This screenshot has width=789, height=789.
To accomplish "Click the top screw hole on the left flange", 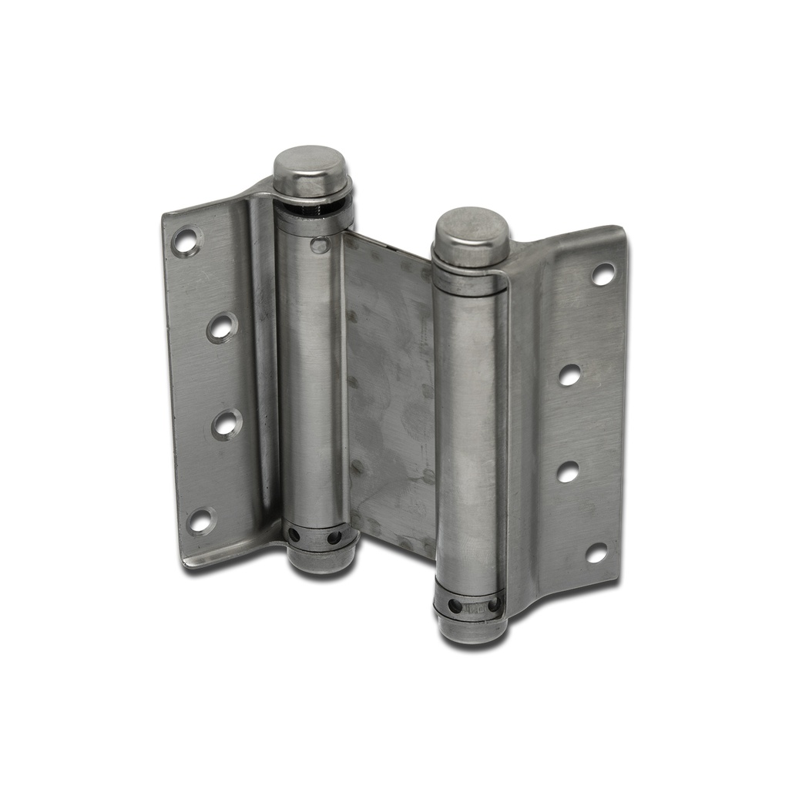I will click(x=186, y=241).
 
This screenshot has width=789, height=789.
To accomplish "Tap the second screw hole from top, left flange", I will click(x=221, y=327).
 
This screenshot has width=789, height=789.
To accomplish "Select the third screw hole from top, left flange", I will click(x=226, y=424).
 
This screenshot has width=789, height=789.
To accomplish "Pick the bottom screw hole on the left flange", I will click(x=201, y=520).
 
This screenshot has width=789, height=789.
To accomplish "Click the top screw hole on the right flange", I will click(x=603, y=274).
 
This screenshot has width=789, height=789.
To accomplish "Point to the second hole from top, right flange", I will click(x=569, y=374).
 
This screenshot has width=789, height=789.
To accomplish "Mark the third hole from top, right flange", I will click(x=568, y=472).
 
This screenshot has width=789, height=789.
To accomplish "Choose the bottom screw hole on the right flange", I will click(x=596, y=552).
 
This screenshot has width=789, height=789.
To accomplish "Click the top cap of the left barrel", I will click(x=311, y=170).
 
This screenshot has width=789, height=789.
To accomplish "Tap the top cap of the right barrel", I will click(x=471, y=234).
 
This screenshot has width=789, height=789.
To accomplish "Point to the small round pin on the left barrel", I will click(x=319, y=245).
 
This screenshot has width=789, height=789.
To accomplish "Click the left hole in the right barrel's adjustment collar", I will click(x=455, y=606).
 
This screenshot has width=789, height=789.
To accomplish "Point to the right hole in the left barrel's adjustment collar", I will click(x=334, y=537).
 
